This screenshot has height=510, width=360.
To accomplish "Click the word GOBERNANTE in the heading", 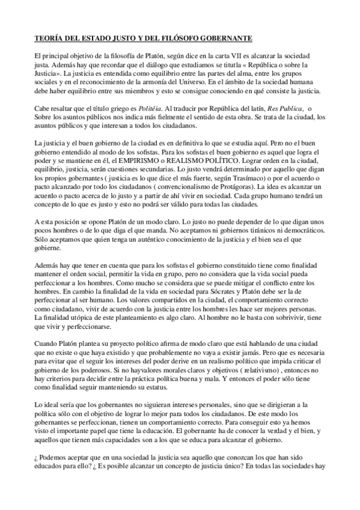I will (223, 38).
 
